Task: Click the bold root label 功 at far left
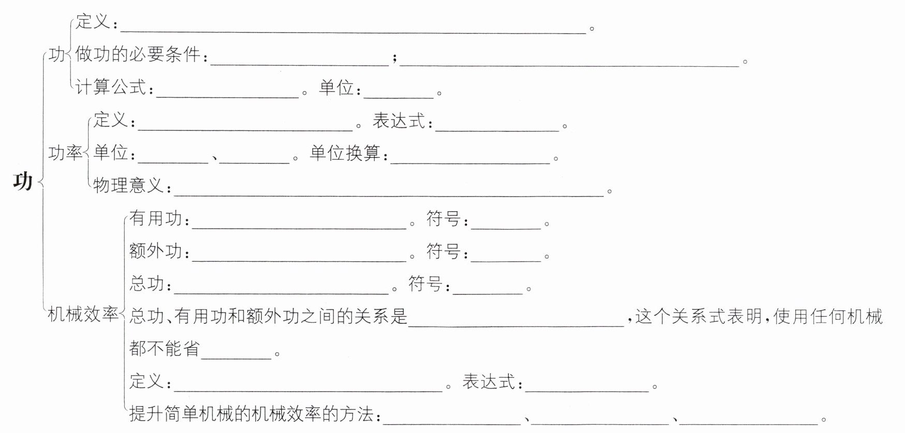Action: (23, 181)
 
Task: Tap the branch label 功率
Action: (65, 153)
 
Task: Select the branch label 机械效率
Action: (83, 314)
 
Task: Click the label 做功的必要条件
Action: (138, 54)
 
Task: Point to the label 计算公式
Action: (111, 87)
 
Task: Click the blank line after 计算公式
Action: (228, 94)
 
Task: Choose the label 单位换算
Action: (345, 153)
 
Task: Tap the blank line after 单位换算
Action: (470, 160)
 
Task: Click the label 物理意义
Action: (128, 185)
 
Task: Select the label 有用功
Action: (156, 218)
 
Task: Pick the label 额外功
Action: (156, 251)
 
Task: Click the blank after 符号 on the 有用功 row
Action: (506, 226)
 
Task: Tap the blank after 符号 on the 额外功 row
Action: (506, 258)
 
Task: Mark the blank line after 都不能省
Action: (236, 355)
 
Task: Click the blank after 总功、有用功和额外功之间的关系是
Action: (516, 323)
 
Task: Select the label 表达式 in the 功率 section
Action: (399, 121)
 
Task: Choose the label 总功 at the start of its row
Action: (147, 283)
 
